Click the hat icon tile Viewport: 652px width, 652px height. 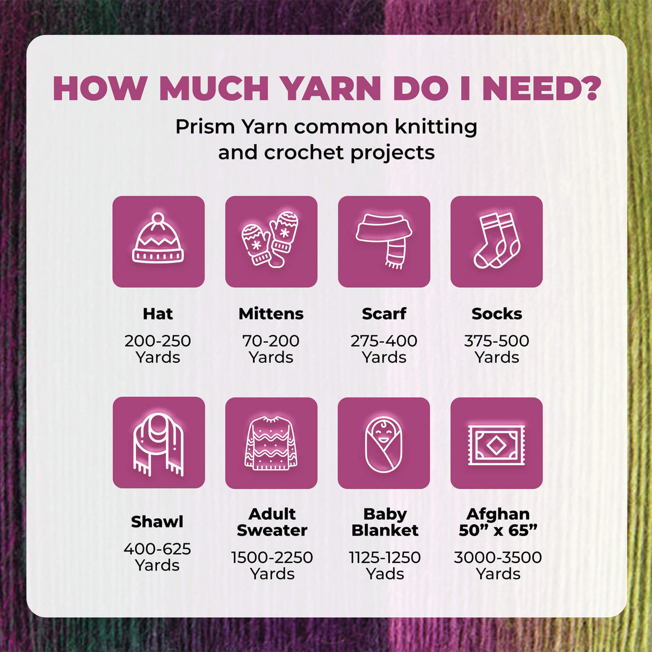tap(158, 242)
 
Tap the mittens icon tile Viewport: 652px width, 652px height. tap(271, 242)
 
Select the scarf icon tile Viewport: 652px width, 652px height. tap(384, 242)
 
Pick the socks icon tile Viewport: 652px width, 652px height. tap(497, 242)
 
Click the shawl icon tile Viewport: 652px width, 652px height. tap(158, 443)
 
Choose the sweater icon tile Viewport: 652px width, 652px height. tap(271, 443)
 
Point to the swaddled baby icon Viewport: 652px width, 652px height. tap(383, 444)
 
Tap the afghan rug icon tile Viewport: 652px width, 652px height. tap(497, 443)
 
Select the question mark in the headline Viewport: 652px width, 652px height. tap(590, 88)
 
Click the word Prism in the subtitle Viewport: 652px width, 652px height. tap(205, 127)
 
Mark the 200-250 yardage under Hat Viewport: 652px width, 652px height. tap(158, 341)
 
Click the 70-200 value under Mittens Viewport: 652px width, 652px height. tap(271, 341)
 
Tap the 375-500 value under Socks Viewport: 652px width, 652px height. tap(497, 341)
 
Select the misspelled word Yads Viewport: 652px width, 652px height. tap(385, 574)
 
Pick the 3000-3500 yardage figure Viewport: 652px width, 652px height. tap(498, 557)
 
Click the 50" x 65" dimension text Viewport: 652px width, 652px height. tap(498, 530)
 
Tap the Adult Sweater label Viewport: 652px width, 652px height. tap(272, 522)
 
